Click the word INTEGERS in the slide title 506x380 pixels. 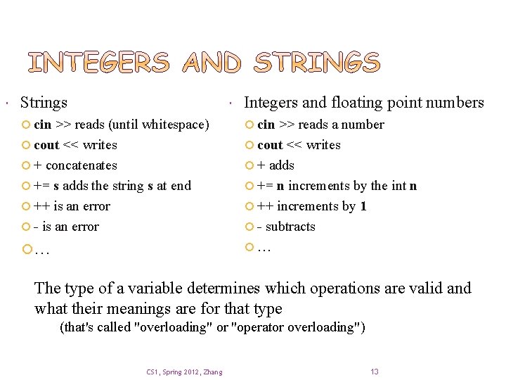tap(98, 63)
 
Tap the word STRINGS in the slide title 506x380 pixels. tap(316, 63)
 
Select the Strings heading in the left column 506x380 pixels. tap(44, 103)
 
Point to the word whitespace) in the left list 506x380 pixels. tap(175, 125)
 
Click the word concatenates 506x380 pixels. tap(81, 165)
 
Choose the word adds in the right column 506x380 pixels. tap(282, 165)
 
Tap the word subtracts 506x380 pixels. tap(291, 227)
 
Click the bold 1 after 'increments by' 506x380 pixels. tap(363, 206)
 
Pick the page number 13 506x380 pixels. tap(374, 372)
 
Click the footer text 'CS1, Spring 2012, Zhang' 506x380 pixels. tap(184, 372)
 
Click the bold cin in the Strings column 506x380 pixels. tap(43, 125)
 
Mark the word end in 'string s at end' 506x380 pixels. tap(181, 186)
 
